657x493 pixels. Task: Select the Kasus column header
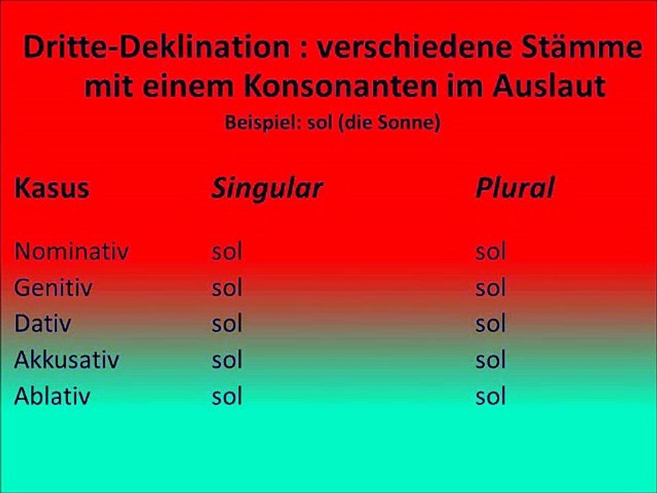tap(52, 188)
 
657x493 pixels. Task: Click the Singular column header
tap(266, 188)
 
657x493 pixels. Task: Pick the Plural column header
tap(514, 188)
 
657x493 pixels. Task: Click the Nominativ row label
tap(72, 251)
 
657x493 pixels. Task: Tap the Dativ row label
tap(42, 324)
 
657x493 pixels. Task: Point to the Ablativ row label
tap(52, 396)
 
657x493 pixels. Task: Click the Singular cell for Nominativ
tap(227, 251)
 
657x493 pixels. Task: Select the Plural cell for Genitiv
tap(490, 288)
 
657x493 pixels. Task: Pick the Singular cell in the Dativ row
tap(227, 324)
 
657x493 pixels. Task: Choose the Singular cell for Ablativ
tap(227, 396)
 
